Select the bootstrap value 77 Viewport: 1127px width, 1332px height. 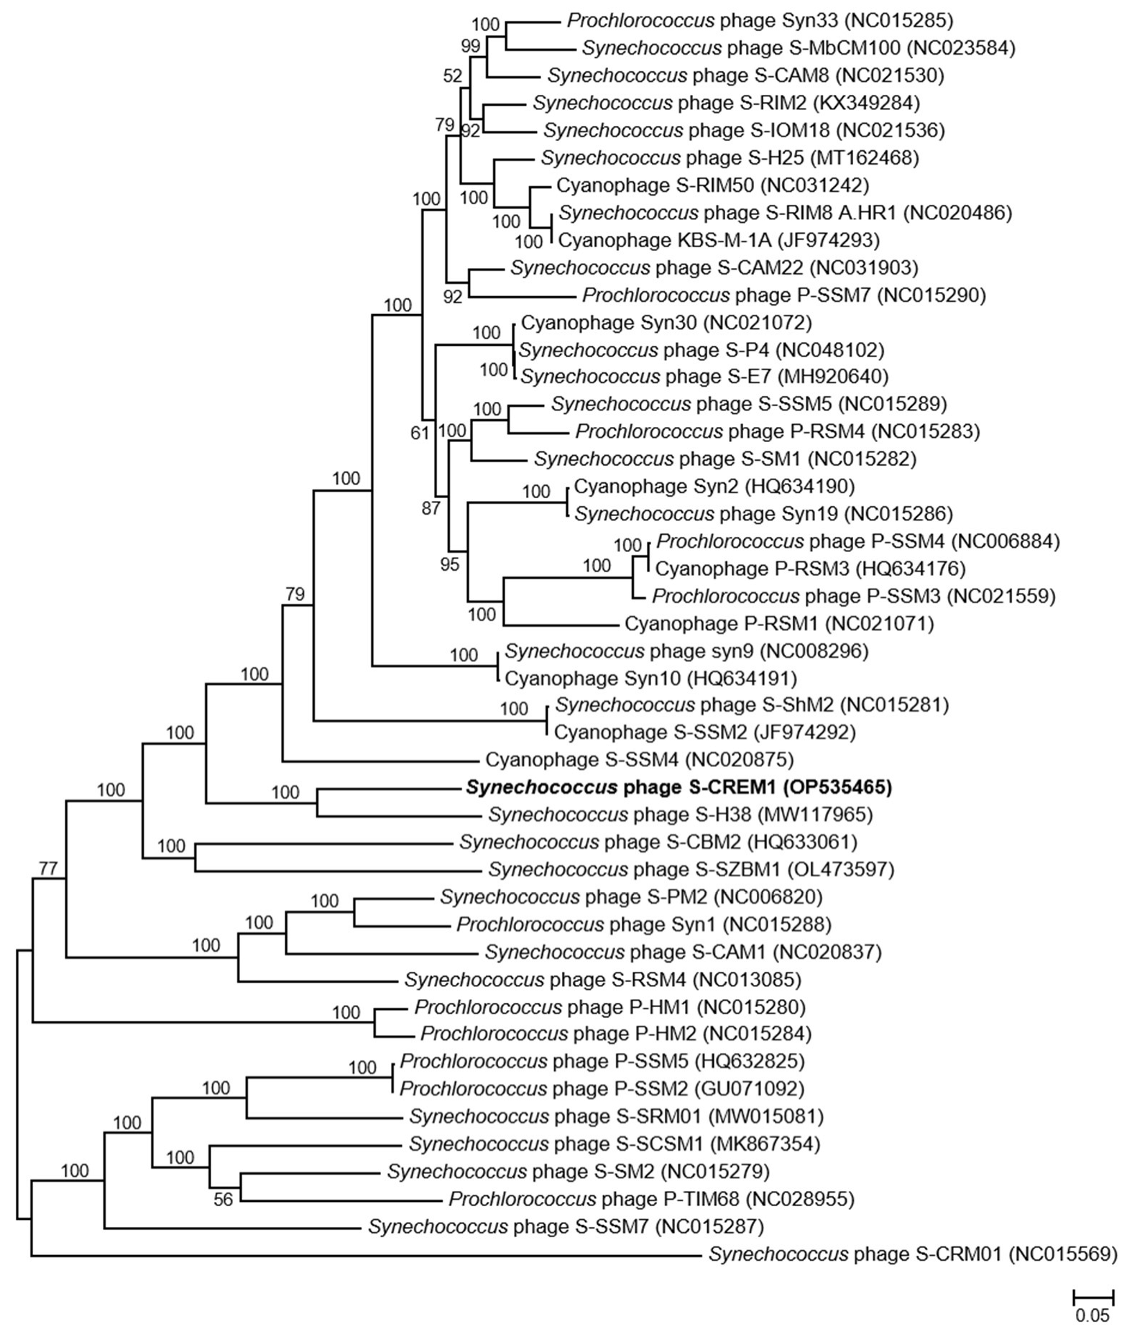coord(47,868)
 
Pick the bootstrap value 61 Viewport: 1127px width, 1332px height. coord(419,433)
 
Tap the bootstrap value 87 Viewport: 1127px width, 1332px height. coord(431,509)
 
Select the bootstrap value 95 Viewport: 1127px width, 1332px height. coord(449,564)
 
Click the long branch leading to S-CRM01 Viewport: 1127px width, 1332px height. coord(359,1256)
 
